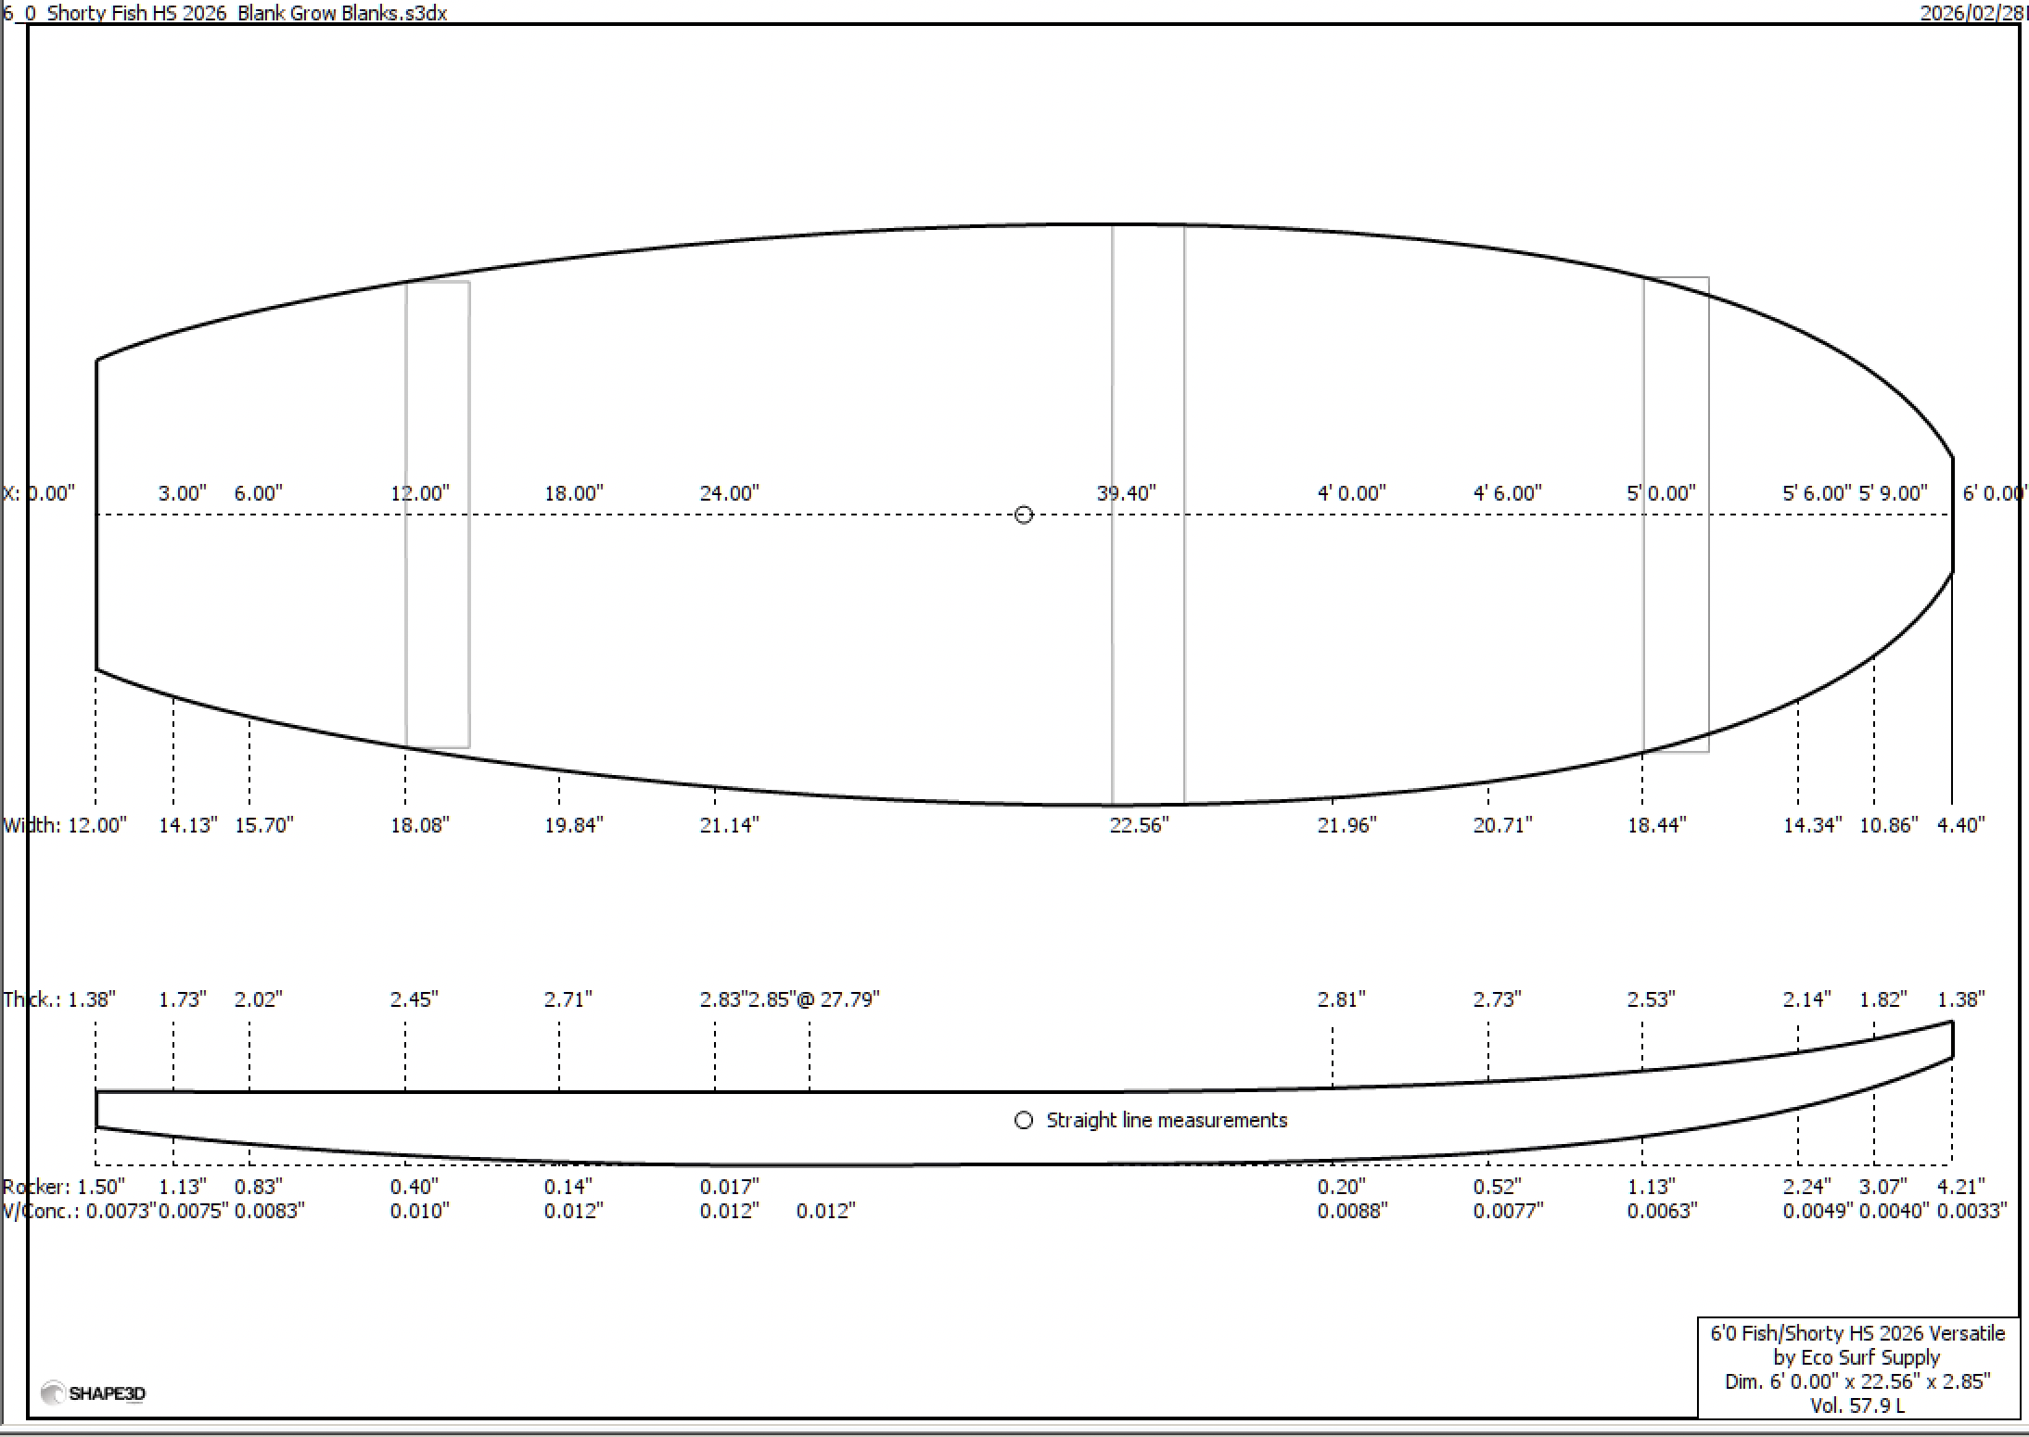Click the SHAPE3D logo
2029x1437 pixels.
(x=94, y=1393)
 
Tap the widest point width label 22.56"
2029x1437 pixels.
(x=1139, y=825)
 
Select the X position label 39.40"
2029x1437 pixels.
(x=1126, y=493)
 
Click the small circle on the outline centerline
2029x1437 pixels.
(x=1023, y=515)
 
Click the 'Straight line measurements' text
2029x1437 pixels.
(x=1166, y=1120)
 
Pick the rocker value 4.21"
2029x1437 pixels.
(x=1960, y=1187)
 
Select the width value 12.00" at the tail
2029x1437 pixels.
(x=96, y=825)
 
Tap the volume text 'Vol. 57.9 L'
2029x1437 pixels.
(x=1857, y=1405)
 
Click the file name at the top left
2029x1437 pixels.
(x=225, y=13)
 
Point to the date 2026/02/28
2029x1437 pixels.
(x=1971, y=13)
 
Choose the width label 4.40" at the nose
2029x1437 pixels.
(x=1960, y=825)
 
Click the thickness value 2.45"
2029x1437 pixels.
(x=414, y=999)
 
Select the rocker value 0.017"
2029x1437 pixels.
(x=729, y=1187)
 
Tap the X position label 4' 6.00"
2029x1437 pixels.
(x=1507, y=493)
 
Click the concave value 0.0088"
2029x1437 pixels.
(x=1352, y=1211)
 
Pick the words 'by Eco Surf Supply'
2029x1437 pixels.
(x=1857, y=1357)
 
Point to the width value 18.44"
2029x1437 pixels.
(x=1656, y=825)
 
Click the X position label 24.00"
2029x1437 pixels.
(x=729, y=493)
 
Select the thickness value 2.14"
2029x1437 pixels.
(x=1806, y=999)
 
